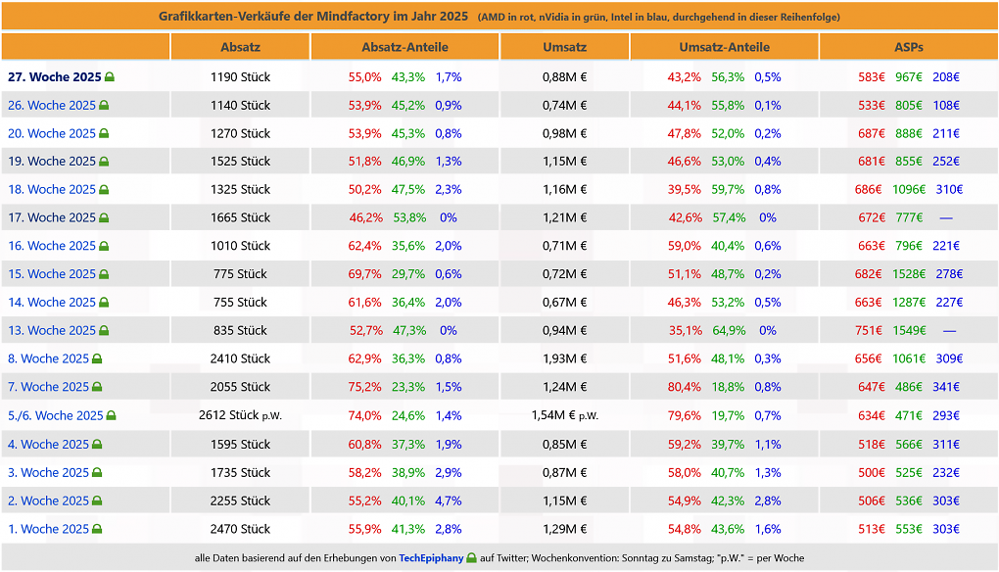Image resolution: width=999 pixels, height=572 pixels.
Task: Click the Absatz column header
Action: [240, 47]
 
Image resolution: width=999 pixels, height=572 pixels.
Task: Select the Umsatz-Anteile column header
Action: [725, 47]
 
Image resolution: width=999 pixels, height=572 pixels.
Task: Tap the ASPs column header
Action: [909, 47]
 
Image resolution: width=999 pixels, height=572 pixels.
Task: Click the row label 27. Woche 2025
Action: [55, 77]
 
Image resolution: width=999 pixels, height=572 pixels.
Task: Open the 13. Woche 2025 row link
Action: [52, 331]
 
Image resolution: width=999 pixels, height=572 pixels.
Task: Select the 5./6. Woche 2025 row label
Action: [56, 416]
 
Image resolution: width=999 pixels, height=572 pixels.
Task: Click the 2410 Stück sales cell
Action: [240, 358]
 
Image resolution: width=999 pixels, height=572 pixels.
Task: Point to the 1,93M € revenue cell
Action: [564, 358]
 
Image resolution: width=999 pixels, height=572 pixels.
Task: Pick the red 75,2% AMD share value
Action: [364, 387]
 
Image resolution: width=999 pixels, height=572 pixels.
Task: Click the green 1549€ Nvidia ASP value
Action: [909, 331]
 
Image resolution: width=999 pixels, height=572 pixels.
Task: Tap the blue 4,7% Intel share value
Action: [449, 500]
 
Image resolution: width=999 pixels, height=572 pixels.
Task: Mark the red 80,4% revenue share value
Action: [685, 387]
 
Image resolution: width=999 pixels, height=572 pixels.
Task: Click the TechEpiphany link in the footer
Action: [431, 558]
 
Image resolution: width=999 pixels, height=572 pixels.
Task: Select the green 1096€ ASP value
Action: [909, 189]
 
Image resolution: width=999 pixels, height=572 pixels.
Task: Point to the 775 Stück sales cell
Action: [240, 274]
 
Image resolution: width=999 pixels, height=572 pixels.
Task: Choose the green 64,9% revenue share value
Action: [728, 331]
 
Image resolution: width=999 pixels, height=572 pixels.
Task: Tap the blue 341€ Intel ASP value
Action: [946, 387]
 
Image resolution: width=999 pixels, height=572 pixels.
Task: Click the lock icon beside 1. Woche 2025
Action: [97, 529]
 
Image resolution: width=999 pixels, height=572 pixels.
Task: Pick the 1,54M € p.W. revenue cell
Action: [564, 416]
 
